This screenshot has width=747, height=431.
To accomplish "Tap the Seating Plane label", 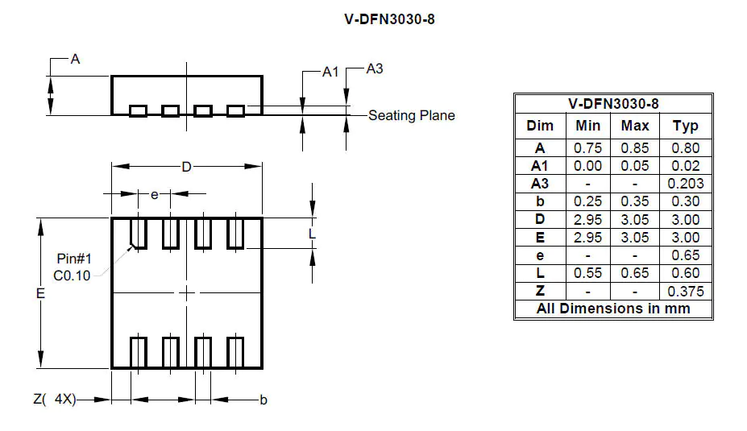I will (x=412, y=115).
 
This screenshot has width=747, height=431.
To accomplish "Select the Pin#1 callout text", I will (x=74, y=259).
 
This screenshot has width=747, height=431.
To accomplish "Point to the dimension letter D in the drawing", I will (x=186, y=167).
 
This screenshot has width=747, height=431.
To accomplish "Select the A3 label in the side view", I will (x=374, y=69).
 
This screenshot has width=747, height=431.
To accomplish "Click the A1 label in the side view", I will (x=330, y=73).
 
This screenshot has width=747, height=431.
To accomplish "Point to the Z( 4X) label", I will (x=55, y=400).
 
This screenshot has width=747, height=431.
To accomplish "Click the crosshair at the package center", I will (x=186, y=293).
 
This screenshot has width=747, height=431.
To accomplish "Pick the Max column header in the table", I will (x=635, y=126).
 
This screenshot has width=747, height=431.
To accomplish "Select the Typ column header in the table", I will (x=685, y=126).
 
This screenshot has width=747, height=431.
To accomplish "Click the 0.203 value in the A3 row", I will (x=685, y=184).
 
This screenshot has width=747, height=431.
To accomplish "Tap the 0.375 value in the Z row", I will (x=685, y=292).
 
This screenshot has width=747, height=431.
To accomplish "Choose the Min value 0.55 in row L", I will (x=588, y=273).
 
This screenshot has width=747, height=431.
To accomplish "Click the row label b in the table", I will (x=540, y=201).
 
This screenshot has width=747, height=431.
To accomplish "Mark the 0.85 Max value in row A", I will (x=635, y=148).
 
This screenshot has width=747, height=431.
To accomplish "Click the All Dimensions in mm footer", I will (x=613, y=309).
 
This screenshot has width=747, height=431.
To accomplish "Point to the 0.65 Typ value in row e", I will (x=685, y=255).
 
